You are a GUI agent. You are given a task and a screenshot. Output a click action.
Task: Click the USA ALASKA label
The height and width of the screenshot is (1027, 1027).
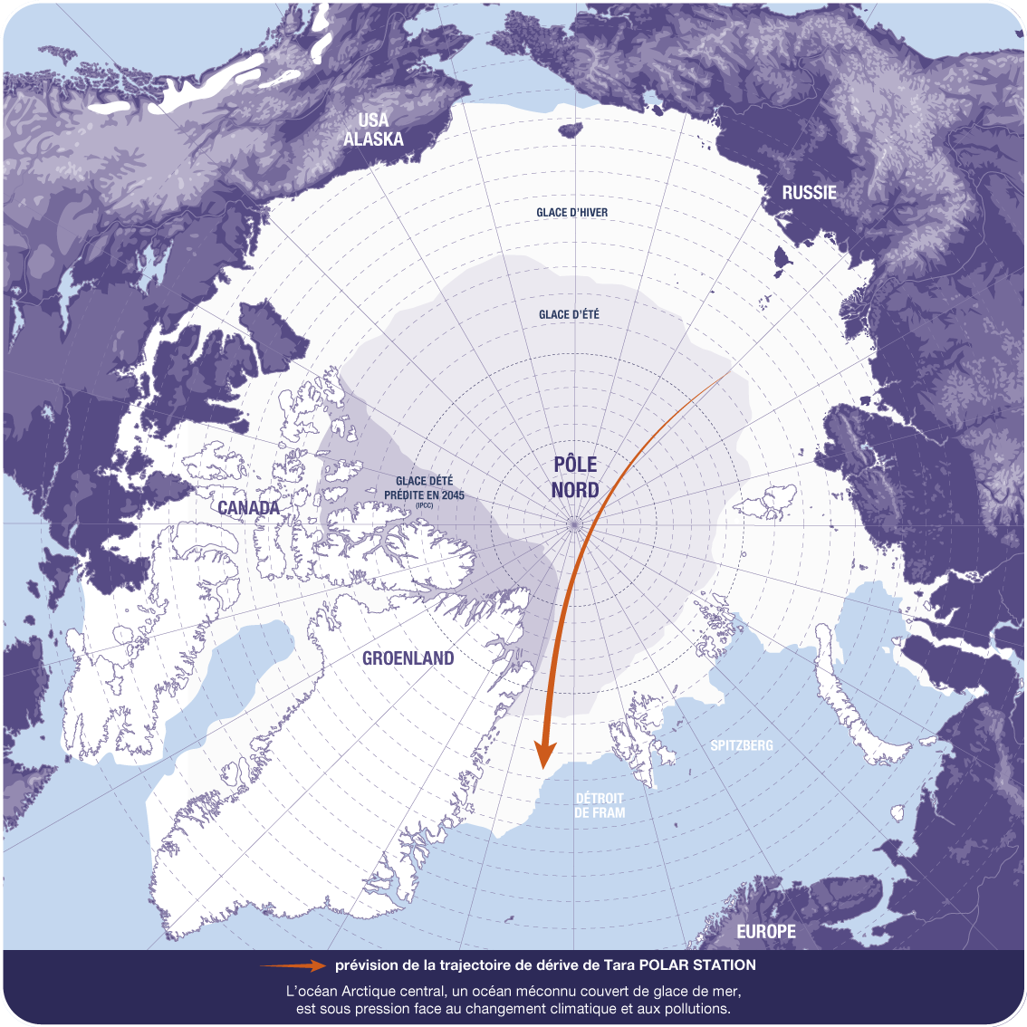[373, 130]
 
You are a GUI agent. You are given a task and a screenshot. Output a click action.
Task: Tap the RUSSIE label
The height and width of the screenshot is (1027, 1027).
[809, 192]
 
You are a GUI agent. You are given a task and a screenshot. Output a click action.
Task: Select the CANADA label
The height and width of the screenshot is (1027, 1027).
[249, 508]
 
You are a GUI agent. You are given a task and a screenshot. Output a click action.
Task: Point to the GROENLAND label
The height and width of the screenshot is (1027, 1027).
[408, 658]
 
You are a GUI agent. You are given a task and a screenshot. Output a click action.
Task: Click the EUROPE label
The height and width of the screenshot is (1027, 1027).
[766, 931]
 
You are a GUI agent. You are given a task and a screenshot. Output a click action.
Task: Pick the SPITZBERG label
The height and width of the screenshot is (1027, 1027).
[742, 745]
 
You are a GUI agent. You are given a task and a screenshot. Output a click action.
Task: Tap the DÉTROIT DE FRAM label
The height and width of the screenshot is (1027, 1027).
[600, 805]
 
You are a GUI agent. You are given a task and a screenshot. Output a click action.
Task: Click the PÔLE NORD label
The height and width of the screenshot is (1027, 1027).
[576, 477]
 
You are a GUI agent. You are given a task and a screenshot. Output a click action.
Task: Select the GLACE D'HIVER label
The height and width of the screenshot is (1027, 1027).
[571, 212]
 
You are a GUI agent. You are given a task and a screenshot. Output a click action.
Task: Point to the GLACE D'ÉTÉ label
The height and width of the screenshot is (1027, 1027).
[569, 314]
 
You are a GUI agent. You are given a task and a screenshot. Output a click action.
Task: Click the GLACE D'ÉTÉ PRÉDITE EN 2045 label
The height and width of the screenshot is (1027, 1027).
[425, 488]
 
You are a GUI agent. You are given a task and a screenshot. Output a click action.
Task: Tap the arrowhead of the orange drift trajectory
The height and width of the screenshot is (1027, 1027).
[544, 753]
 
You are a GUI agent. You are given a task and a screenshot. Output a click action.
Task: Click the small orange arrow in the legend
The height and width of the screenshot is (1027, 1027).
[292, 965]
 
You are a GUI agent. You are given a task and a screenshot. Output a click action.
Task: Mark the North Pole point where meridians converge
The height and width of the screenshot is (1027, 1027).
[573, 523]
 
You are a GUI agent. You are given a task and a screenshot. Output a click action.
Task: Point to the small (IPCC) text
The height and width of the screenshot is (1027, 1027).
[425, 505]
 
